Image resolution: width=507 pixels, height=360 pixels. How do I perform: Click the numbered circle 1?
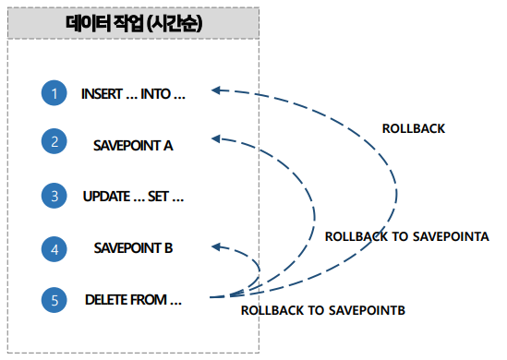(x=54, y=93)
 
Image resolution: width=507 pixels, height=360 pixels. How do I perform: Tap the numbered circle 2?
(x=54, y=143)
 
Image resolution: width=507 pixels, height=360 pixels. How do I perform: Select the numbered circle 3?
(x=54, y=196)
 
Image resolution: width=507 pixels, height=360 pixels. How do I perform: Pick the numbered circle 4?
(x=54, y=247)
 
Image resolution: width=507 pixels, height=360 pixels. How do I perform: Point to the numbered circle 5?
(x=54, y=299)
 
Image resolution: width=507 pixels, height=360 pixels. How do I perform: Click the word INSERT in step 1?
(x=102, y=93)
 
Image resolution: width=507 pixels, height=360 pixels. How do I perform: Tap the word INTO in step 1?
(x=157, y=93)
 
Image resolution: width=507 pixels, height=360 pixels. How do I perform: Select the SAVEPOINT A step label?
(x=133, y=144)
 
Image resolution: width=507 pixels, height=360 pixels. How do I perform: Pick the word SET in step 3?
(x=159, y=196)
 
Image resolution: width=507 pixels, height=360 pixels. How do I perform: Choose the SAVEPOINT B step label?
(x=133, y=247)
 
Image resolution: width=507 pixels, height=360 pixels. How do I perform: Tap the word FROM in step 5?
(x=151, y=299)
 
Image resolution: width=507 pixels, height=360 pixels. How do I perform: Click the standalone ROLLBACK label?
(x=413, y=128)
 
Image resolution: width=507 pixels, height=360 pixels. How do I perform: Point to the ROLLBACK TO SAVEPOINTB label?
(x=322, y=310)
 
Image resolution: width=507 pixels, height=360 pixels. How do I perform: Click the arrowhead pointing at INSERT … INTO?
(x=216, y=90)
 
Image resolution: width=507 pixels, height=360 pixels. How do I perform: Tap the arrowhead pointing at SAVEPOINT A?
(x=216, y=139)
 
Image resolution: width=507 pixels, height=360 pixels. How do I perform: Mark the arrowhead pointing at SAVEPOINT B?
(x=216, y=246)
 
